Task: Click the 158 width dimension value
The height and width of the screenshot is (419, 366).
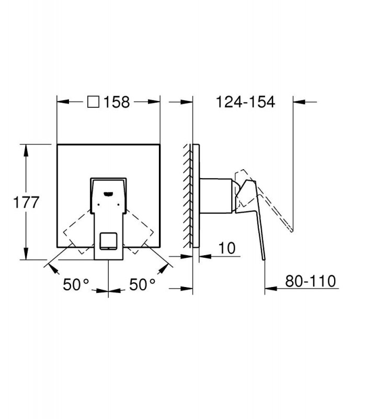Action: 117,102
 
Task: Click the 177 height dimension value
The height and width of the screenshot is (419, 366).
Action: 26,202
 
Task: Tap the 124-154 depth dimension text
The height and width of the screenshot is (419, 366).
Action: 245,102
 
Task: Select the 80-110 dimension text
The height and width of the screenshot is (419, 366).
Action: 311,281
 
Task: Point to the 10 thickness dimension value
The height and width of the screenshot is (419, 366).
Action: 227,248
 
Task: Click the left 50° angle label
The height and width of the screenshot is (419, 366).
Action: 75,284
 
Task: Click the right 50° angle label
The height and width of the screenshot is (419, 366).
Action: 142,284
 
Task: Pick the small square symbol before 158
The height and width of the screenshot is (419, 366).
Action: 94,102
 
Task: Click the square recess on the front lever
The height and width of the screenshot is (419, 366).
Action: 108,241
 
